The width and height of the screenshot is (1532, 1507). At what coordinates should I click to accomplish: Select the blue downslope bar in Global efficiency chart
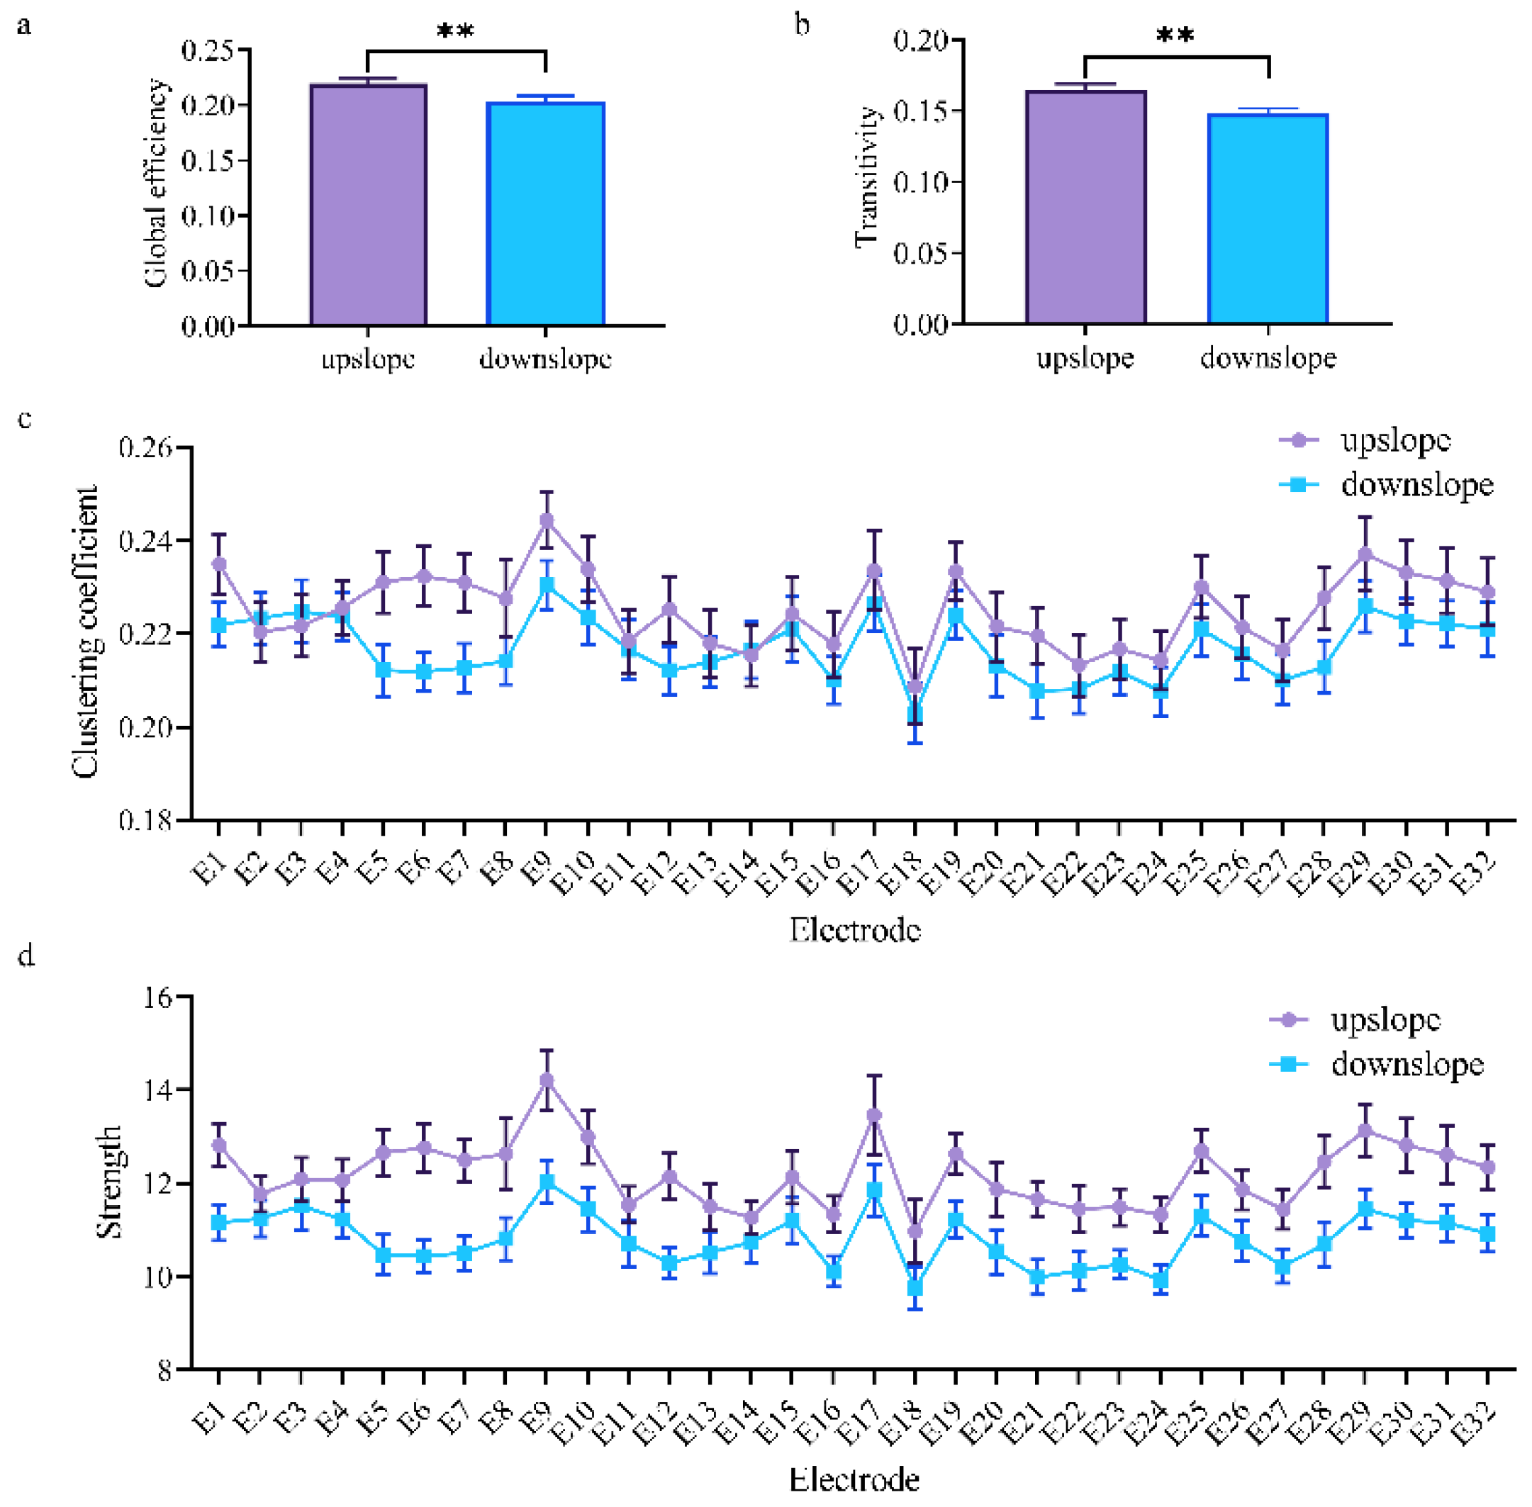pos(545,213)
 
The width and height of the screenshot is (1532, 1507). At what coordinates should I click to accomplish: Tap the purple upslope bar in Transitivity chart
pos(1085,208)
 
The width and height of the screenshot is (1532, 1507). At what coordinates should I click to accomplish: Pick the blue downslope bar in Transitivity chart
pos(1268,218)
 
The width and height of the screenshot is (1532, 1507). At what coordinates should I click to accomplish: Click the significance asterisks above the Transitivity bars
pos(1175,35)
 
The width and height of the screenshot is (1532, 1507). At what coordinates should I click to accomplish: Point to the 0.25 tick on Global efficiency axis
pos(208,50)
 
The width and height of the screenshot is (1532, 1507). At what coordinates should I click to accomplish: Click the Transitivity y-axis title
pos(868,177)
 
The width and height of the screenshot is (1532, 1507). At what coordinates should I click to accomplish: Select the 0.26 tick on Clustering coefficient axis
pos(145,448)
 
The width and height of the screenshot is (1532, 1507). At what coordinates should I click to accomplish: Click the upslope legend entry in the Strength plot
pos(1355,1019)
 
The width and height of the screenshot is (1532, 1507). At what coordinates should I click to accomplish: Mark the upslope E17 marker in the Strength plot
pos(874,1115)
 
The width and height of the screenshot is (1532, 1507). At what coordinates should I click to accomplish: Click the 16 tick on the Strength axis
pos(157,997)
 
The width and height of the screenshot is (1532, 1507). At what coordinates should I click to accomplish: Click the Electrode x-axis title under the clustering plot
pos(855,929)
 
